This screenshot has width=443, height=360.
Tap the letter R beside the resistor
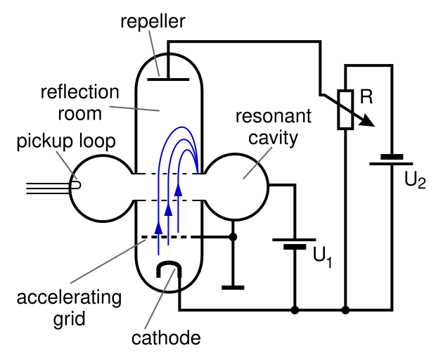click(x=366, y=97)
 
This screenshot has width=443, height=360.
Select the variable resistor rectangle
click(x=345, y=110)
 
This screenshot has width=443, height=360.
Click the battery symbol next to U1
click(x=295, y=243)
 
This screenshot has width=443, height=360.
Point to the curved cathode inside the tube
click(x=169, y=269)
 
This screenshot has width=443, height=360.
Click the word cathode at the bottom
click(x=166, y=338)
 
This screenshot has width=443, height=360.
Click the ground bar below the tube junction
click(x=233, y=287)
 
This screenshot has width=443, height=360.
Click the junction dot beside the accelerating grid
click(x=233, y=237)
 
